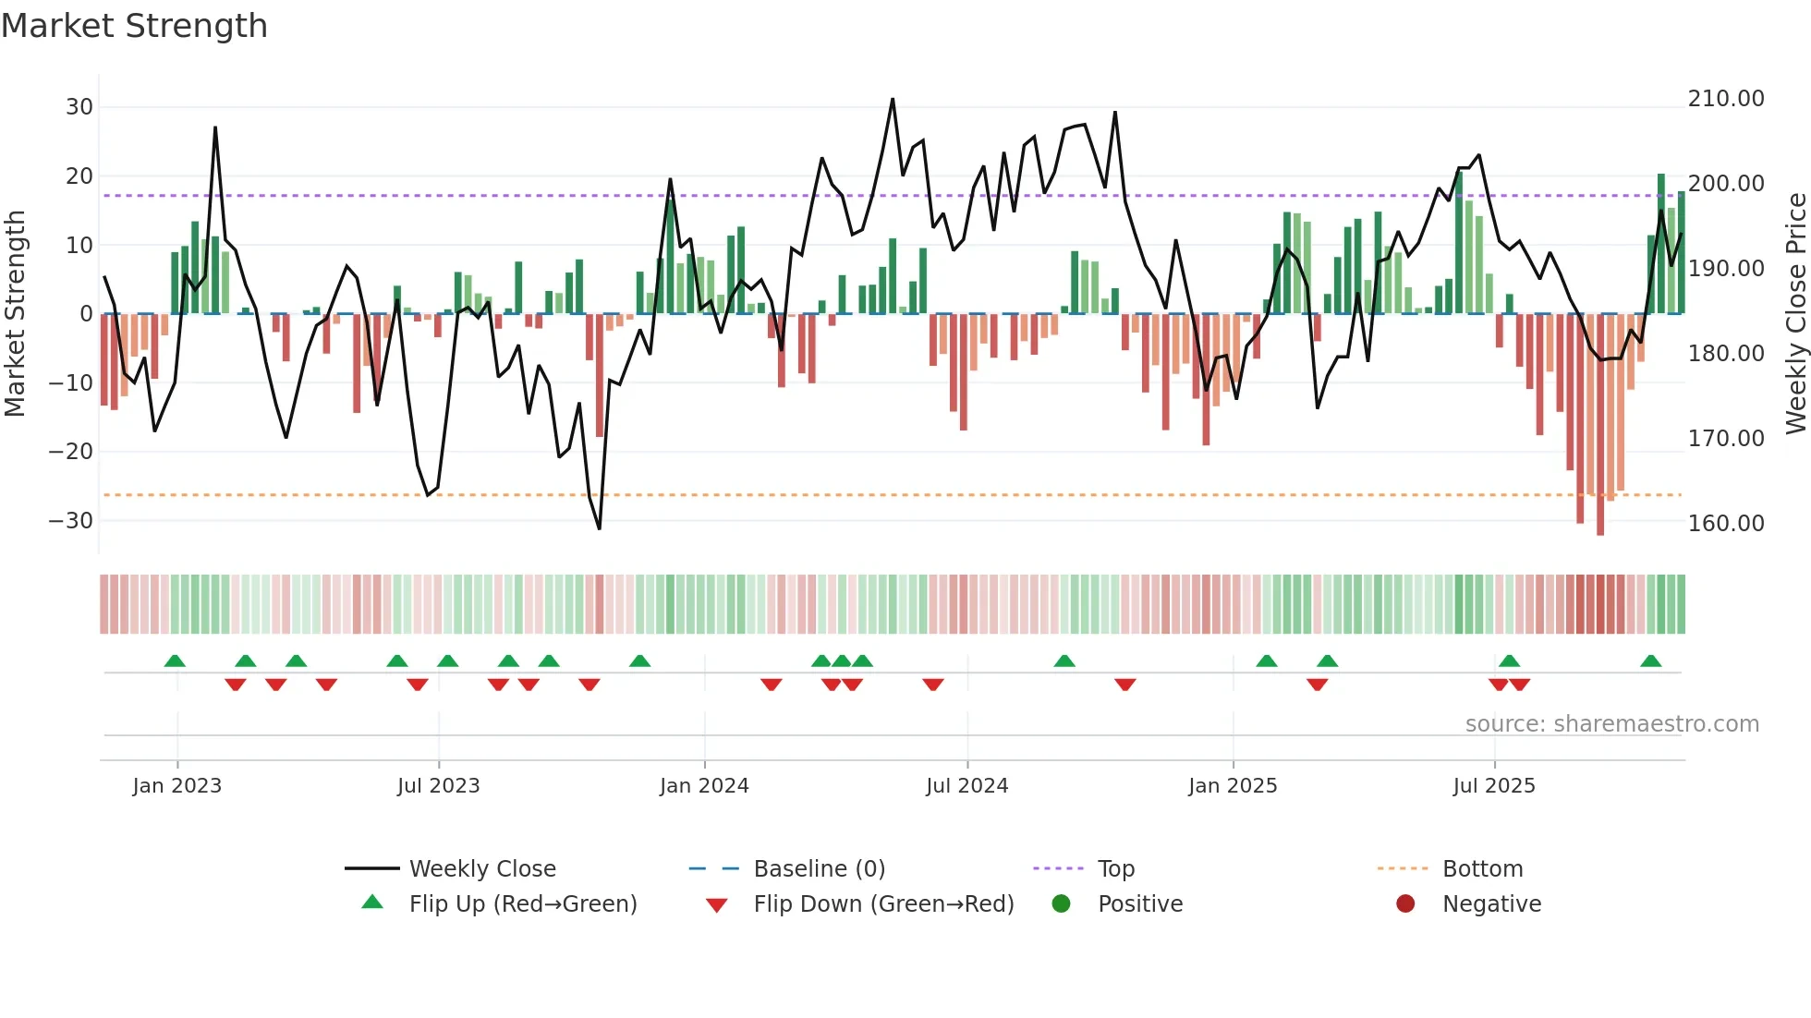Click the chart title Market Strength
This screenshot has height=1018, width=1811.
click(134, 26)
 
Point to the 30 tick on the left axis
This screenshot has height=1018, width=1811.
click(79, 107)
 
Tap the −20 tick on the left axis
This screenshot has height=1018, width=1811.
click(71, 452)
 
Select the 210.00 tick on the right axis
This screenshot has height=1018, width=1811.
click(1725, 99)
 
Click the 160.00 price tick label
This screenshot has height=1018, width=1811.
click(1725, 524)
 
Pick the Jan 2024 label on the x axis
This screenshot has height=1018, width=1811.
click(704, 786)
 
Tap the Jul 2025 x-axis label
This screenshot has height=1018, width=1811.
click(1493, 786)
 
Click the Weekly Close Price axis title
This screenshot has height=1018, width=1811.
click(1795, 314)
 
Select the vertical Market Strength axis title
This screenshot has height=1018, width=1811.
click(15, 314)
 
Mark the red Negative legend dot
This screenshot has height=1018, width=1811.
click(1405, 904)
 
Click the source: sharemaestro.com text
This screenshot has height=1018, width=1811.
click(1611, 724)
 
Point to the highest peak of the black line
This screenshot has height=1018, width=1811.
click(893, 99)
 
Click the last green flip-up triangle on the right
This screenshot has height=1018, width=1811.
click(1651, 660)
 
